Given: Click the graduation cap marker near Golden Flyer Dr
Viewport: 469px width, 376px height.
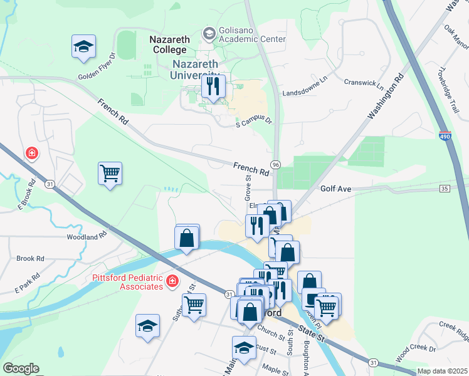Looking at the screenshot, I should [83, 47].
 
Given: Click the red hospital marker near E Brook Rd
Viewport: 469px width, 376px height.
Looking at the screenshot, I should [31, 153].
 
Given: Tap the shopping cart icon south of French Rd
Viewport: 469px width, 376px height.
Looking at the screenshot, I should [110, 173].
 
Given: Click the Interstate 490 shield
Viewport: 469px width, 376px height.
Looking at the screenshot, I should [445, 136].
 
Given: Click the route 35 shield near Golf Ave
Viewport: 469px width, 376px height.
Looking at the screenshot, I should [445, 188].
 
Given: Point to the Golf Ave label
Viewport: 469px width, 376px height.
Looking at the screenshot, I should [336, 188].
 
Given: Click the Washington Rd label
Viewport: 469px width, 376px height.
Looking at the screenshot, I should [386, 97].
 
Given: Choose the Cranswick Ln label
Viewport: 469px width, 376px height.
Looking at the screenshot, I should [364, 82].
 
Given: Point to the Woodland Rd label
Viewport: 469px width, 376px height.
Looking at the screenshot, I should [87, 238].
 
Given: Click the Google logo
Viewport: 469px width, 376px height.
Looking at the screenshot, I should [21, 368].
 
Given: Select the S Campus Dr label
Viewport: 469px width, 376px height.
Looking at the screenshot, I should [255, 122].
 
